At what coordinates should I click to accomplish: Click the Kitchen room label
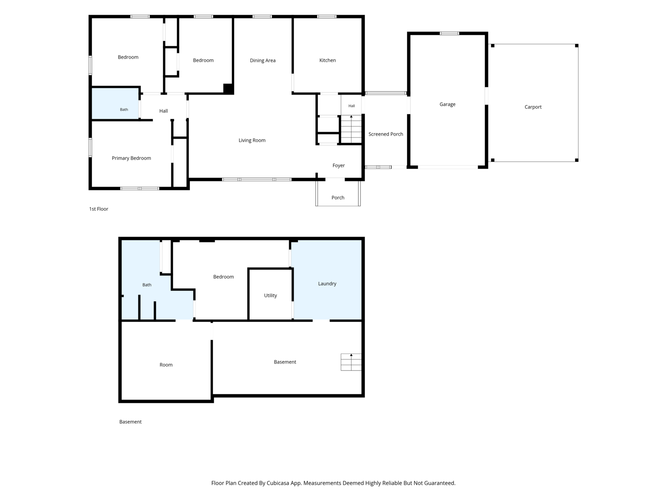coord(327,60)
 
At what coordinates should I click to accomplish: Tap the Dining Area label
coord(263,61)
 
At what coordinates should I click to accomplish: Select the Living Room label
coord(252,140)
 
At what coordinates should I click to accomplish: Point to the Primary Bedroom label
coord(131,158)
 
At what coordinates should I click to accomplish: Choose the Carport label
coord(533,107)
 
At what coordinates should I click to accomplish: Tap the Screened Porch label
coord(386,134)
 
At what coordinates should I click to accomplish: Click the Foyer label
coord(339,165)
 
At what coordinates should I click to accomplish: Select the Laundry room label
coord(327,284)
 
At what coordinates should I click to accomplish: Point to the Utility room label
coord(270,296)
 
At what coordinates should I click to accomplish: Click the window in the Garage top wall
coord(449,33)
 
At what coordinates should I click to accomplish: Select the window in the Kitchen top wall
coord(327,17)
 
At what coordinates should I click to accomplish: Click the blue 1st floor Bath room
coord(115,103)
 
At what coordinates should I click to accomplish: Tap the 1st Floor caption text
coord(99,209)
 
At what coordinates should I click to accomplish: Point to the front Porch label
coord(338,198)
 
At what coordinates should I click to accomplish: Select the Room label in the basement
coord(166,365)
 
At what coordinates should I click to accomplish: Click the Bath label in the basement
coord(147,285)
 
